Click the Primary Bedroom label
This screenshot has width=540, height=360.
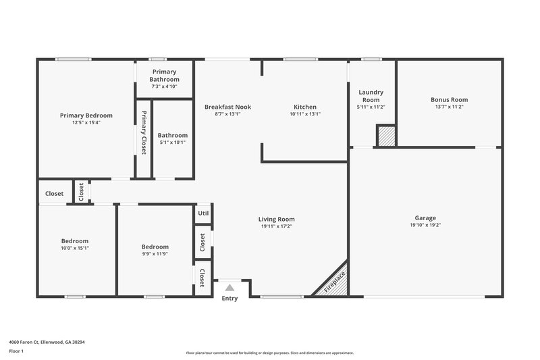(86, 115)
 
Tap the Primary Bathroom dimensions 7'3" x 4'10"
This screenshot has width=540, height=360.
(165, 86)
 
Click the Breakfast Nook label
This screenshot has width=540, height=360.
(227, 107)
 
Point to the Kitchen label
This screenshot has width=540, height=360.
(304, 107)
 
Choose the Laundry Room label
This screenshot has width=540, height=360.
(371, 96)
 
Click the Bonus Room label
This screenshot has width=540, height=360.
(449, 99)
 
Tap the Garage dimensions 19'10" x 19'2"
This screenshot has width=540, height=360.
(425, 226)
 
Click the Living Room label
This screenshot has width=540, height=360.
(276, 219)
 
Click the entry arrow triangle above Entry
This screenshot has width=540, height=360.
(229, 287)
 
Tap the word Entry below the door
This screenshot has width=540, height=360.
(230, 299)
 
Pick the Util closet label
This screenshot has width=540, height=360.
(203, 213)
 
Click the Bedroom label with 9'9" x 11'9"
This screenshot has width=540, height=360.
(155, 247)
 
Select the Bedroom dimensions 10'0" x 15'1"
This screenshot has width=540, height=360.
(75, 248)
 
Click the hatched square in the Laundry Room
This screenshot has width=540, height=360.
(385, 135)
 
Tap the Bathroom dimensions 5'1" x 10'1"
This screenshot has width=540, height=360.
(172, 143)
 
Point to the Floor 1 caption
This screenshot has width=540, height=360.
(16, 352)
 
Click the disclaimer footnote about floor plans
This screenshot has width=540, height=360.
(269, 353)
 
